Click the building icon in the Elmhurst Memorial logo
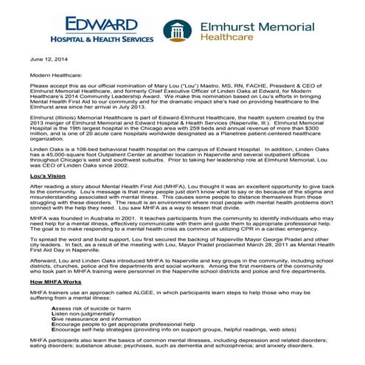tap(175, 31)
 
